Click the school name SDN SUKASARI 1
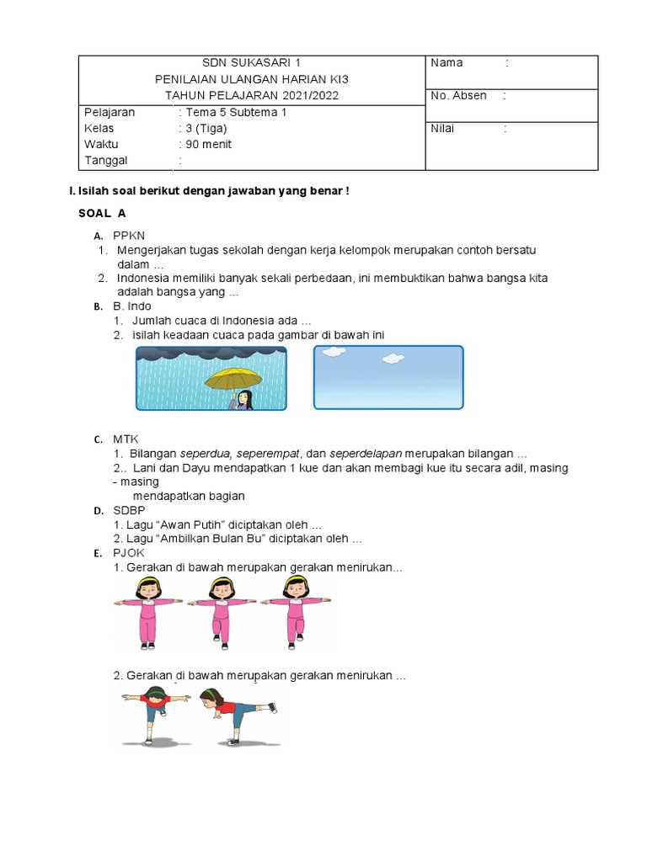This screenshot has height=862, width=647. [x=251, y=63]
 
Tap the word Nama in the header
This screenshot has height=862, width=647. [x=446, y=63]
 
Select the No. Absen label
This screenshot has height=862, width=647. [x=458, y=96]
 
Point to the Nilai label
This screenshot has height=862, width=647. [x=445, y=129]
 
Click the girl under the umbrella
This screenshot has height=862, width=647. [x=243, y=399]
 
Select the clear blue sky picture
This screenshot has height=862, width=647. [x=388, y=377]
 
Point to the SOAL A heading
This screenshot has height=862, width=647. [x=102, y=214]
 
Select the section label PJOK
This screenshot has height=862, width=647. [x=129, y=553]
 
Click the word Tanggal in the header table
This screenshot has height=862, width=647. [x=106, y=160]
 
